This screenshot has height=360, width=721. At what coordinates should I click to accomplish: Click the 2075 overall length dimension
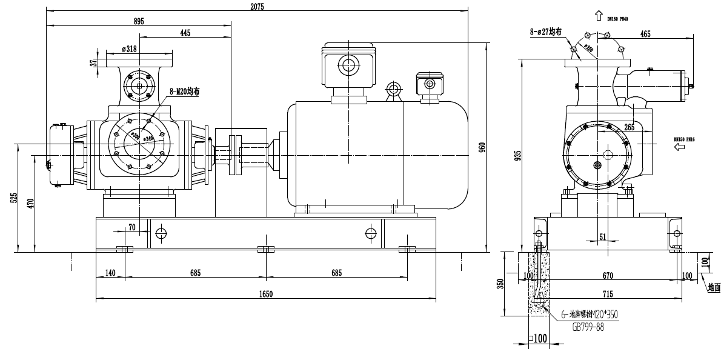pos(257,5)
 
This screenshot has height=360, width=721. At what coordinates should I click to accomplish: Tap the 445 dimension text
pos(185,33)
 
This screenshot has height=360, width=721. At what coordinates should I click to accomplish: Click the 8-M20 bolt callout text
pos(184,92)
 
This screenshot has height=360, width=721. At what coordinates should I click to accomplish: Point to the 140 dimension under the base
pos(110,273)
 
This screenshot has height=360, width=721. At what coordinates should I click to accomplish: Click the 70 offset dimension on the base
pos(131,227)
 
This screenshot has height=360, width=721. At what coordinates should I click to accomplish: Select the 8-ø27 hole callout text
pos(545,32)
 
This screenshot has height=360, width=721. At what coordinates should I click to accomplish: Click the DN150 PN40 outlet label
pos(617,19)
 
